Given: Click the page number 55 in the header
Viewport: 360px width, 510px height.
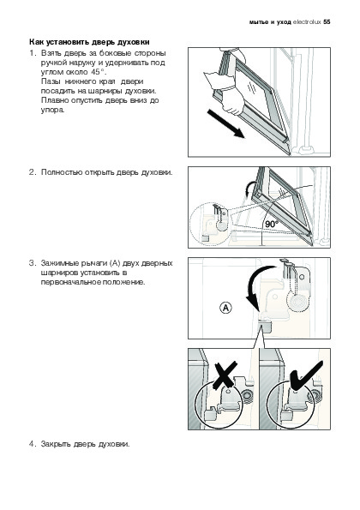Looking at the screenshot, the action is click(327, 22).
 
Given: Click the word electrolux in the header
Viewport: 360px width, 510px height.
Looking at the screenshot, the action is click(307, 22).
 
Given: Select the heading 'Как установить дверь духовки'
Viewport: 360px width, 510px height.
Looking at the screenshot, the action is click(89, 42).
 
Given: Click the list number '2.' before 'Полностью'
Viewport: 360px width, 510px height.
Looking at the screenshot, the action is click(32, 172).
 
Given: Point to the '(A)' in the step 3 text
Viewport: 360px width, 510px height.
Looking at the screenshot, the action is click(115, 263).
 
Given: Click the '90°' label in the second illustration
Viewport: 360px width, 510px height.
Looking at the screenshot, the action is click(272, 224).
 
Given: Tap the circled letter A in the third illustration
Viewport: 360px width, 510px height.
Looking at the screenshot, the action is click(225, 308).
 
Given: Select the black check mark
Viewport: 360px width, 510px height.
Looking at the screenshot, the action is click(306, 375).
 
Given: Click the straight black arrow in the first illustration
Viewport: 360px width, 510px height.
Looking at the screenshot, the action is click(226, 123).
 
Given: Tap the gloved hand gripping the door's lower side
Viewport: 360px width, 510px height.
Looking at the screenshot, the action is click(232, 101).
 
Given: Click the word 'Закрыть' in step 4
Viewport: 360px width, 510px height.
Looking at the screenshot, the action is click(56, 444).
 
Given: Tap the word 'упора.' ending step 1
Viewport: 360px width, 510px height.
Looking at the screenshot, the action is click(52, 110).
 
